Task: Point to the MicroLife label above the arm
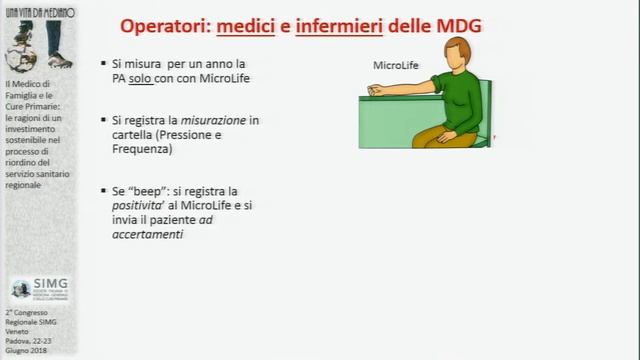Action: click(x=396, y=66)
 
